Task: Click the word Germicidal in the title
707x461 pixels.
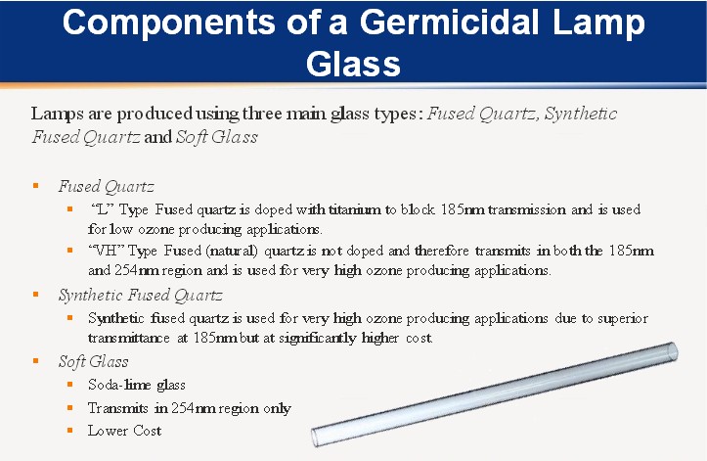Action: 449,23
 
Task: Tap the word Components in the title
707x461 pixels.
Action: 168,23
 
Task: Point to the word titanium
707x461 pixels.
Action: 354,209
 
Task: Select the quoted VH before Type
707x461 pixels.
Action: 107,251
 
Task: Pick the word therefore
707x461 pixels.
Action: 441,251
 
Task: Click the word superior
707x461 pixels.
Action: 623,319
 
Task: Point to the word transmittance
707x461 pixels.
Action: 128,339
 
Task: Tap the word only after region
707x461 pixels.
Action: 277,408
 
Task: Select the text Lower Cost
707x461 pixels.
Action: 124,431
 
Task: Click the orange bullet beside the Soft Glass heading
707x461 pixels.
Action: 36,361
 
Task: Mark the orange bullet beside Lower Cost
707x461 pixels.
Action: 69,431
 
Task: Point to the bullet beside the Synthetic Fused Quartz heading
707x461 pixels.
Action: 36,295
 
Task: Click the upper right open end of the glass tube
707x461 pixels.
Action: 672,351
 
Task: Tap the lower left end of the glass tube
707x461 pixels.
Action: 316,438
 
